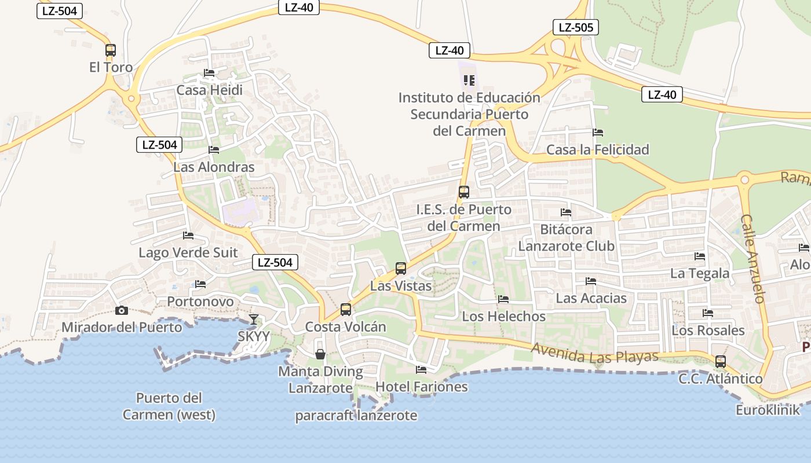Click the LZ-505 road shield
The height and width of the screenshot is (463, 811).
pyautogui.click(x=575, y=27)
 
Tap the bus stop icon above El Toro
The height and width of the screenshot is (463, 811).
pyautogui.click(x=111, y=50)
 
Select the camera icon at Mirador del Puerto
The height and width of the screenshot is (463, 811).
pyautogui.click(x=121, y=311)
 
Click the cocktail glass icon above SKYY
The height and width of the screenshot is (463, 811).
pyautogui.click(x=254, y=319)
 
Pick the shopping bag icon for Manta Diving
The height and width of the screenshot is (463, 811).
pyautogui.click(x=320, y=354)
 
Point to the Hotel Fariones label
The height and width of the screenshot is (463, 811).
pyautogui.click(x=422, y=386)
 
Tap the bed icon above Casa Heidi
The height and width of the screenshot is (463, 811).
pyautogui.click(x=209, y=73)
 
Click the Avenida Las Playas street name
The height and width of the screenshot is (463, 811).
pyautogui.click(x=595, y=352)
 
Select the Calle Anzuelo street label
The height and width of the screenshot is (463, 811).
pyautogui.click(x=754, y=259)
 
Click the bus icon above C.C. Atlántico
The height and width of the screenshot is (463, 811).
pyautogui.click(x=720, y=362)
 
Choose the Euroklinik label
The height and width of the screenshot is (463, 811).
pyautogui.click(x=768, y=410)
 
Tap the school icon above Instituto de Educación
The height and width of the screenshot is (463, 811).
pyautogui.click(x=469, y=80)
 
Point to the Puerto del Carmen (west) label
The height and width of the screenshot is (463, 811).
pyautogui.click(x=169, y=406)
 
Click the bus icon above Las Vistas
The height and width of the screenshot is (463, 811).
pyautogui.click(x=401, y=268)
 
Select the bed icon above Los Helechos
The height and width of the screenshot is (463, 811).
pyautogui.click(x=503, y=299)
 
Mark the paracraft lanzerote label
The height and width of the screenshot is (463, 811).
pyautogui.click(x=356, y=415)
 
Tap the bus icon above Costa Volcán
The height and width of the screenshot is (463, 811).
pyautogui.click(x=346, y=309)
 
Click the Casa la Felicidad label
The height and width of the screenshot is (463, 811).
pyautogui.click(x=598, y=150)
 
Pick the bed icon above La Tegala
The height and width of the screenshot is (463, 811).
pyautogui.click(x=700, y=256)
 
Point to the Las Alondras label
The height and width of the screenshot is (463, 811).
pyautogui.click(x=214, y=167)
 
